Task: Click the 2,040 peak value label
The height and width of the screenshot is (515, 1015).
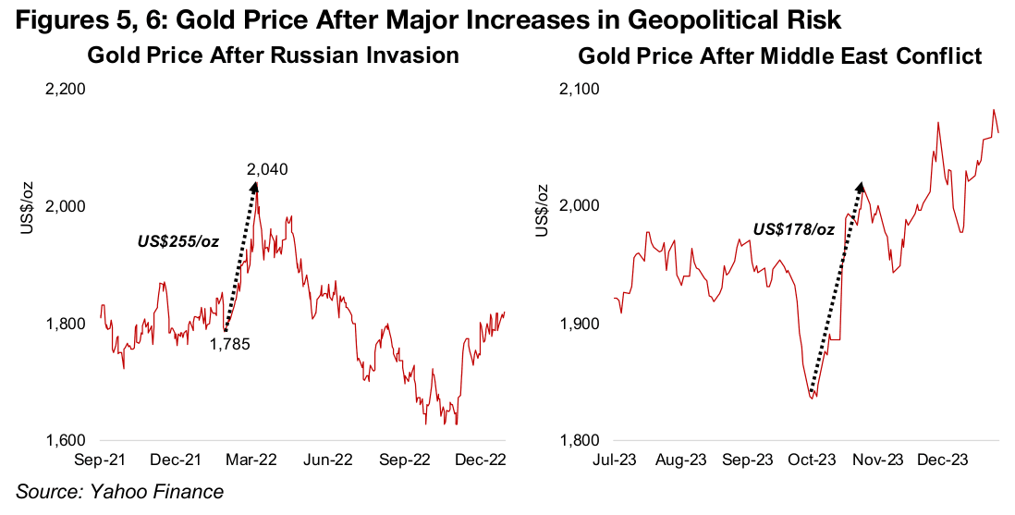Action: click(x=266, y=169)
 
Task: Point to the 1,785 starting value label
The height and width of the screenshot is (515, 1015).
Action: click(x=230, y=343)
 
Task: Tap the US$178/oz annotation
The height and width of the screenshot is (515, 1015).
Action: click(x=793, y=229)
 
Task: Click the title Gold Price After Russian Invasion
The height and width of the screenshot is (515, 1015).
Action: click(x=273, y=55)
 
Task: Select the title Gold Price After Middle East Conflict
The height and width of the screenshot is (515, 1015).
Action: click(x=779, y=56)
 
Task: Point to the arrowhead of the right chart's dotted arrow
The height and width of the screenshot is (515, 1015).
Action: click(x=860, y=190)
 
